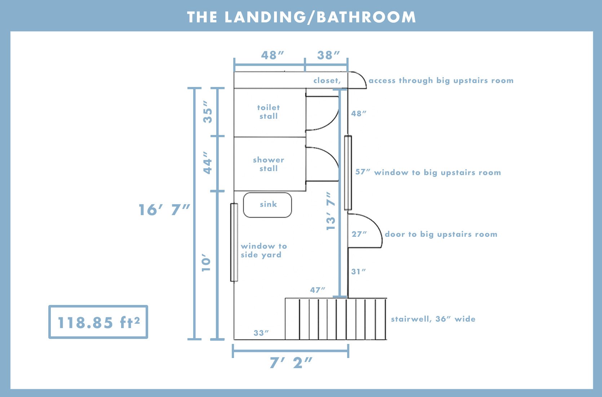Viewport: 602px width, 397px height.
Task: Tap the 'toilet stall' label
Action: coord(269,112)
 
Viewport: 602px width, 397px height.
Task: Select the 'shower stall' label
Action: coord(269,164)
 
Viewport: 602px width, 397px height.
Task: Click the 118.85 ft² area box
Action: coord(98,322)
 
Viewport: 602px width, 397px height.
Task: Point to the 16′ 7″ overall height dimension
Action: coord(164,210)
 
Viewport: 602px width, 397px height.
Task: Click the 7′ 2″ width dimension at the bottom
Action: coord(291,363)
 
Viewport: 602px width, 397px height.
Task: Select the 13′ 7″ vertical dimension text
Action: coord(331,211)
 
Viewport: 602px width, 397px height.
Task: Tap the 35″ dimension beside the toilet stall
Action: coord(208,112)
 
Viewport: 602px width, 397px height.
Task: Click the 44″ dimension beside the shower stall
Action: coord(208,162)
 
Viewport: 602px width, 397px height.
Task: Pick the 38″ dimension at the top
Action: coord(328,55)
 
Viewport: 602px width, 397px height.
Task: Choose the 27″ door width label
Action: coord(359,234)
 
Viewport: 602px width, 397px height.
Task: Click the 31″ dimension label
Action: coord(359,271)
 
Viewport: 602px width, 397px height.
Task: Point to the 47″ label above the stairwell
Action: coord(317,290)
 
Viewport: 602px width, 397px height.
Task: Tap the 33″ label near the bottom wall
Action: coord(261,333)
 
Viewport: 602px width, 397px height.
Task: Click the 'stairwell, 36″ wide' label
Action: coord(433,319)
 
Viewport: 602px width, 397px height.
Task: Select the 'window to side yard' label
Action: coord(264,250)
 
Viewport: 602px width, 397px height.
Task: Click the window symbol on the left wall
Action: coord(234,243)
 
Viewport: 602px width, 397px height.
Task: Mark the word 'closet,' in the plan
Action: coord(327,80)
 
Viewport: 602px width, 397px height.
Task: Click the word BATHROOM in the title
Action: coord(366,17)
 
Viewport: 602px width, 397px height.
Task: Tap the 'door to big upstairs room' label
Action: coord(441,234)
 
